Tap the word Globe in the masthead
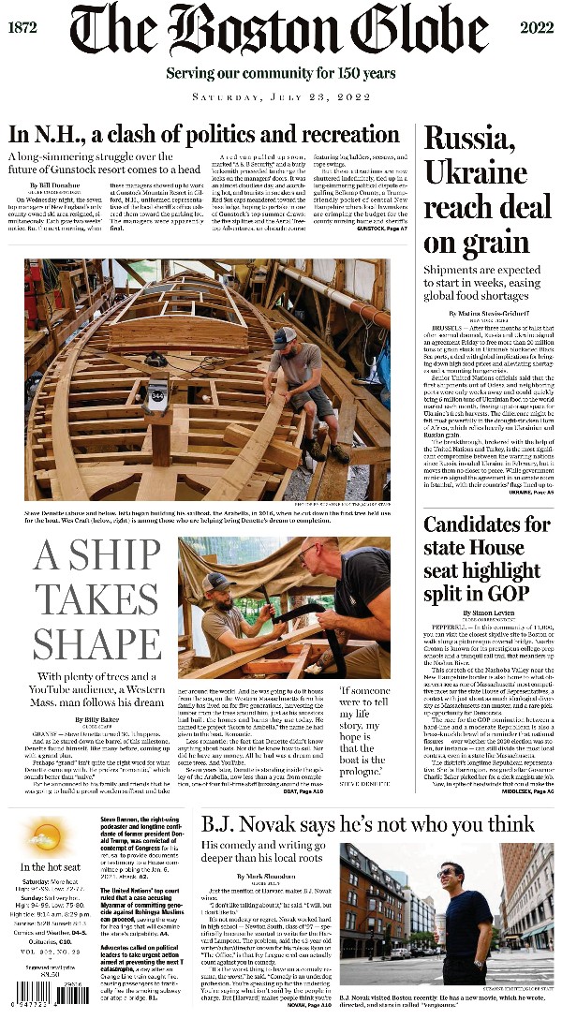(413, 31)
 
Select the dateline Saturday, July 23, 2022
(280, 96)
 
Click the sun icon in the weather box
(47, 834)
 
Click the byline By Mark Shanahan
(270, 876)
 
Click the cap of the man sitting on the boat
(287, 334)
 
